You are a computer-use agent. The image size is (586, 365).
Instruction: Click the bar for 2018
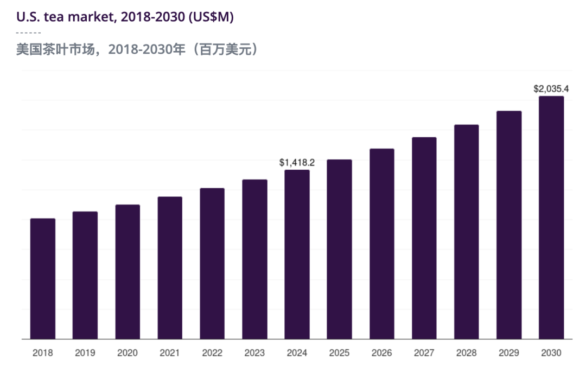coord(42,279)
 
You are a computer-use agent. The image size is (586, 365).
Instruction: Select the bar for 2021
coord(170,268)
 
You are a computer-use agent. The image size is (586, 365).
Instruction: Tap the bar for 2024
coord(297,254)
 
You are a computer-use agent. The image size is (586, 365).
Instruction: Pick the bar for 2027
coord(424,238)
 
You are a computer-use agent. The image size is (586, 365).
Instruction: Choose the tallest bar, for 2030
coord(551,217)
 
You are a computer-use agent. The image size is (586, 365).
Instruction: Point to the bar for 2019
coord(85,276)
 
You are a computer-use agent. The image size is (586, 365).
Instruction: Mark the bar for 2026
coord(381,244)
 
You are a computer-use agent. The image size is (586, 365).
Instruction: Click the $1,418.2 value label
coord(297,162)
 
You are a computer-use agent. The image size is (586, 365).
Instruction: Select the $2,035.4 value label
coord(551,88)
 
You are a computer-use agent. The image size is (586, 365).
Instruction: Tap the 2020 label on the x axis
coord(127,353)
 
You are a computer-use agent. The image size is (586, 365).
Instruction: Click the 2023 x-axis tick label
coord(254,353)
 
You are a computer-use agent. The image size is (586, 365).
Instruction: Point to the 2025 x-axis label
coord(339,353)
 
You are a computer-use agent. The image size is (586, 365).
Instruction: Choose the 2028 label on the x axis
coord(466,353)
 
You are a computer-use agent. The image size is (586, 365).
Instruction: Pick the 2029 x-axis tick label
coord(508,353)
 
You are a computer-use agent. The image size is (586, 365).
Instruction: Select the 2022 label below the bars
coord(212,353)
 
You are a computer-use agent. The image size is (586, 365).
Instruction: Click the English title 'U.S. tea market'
coord(63,17)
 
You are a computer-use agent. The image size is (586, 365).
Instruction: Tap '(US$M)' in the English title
coord(212,17)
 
